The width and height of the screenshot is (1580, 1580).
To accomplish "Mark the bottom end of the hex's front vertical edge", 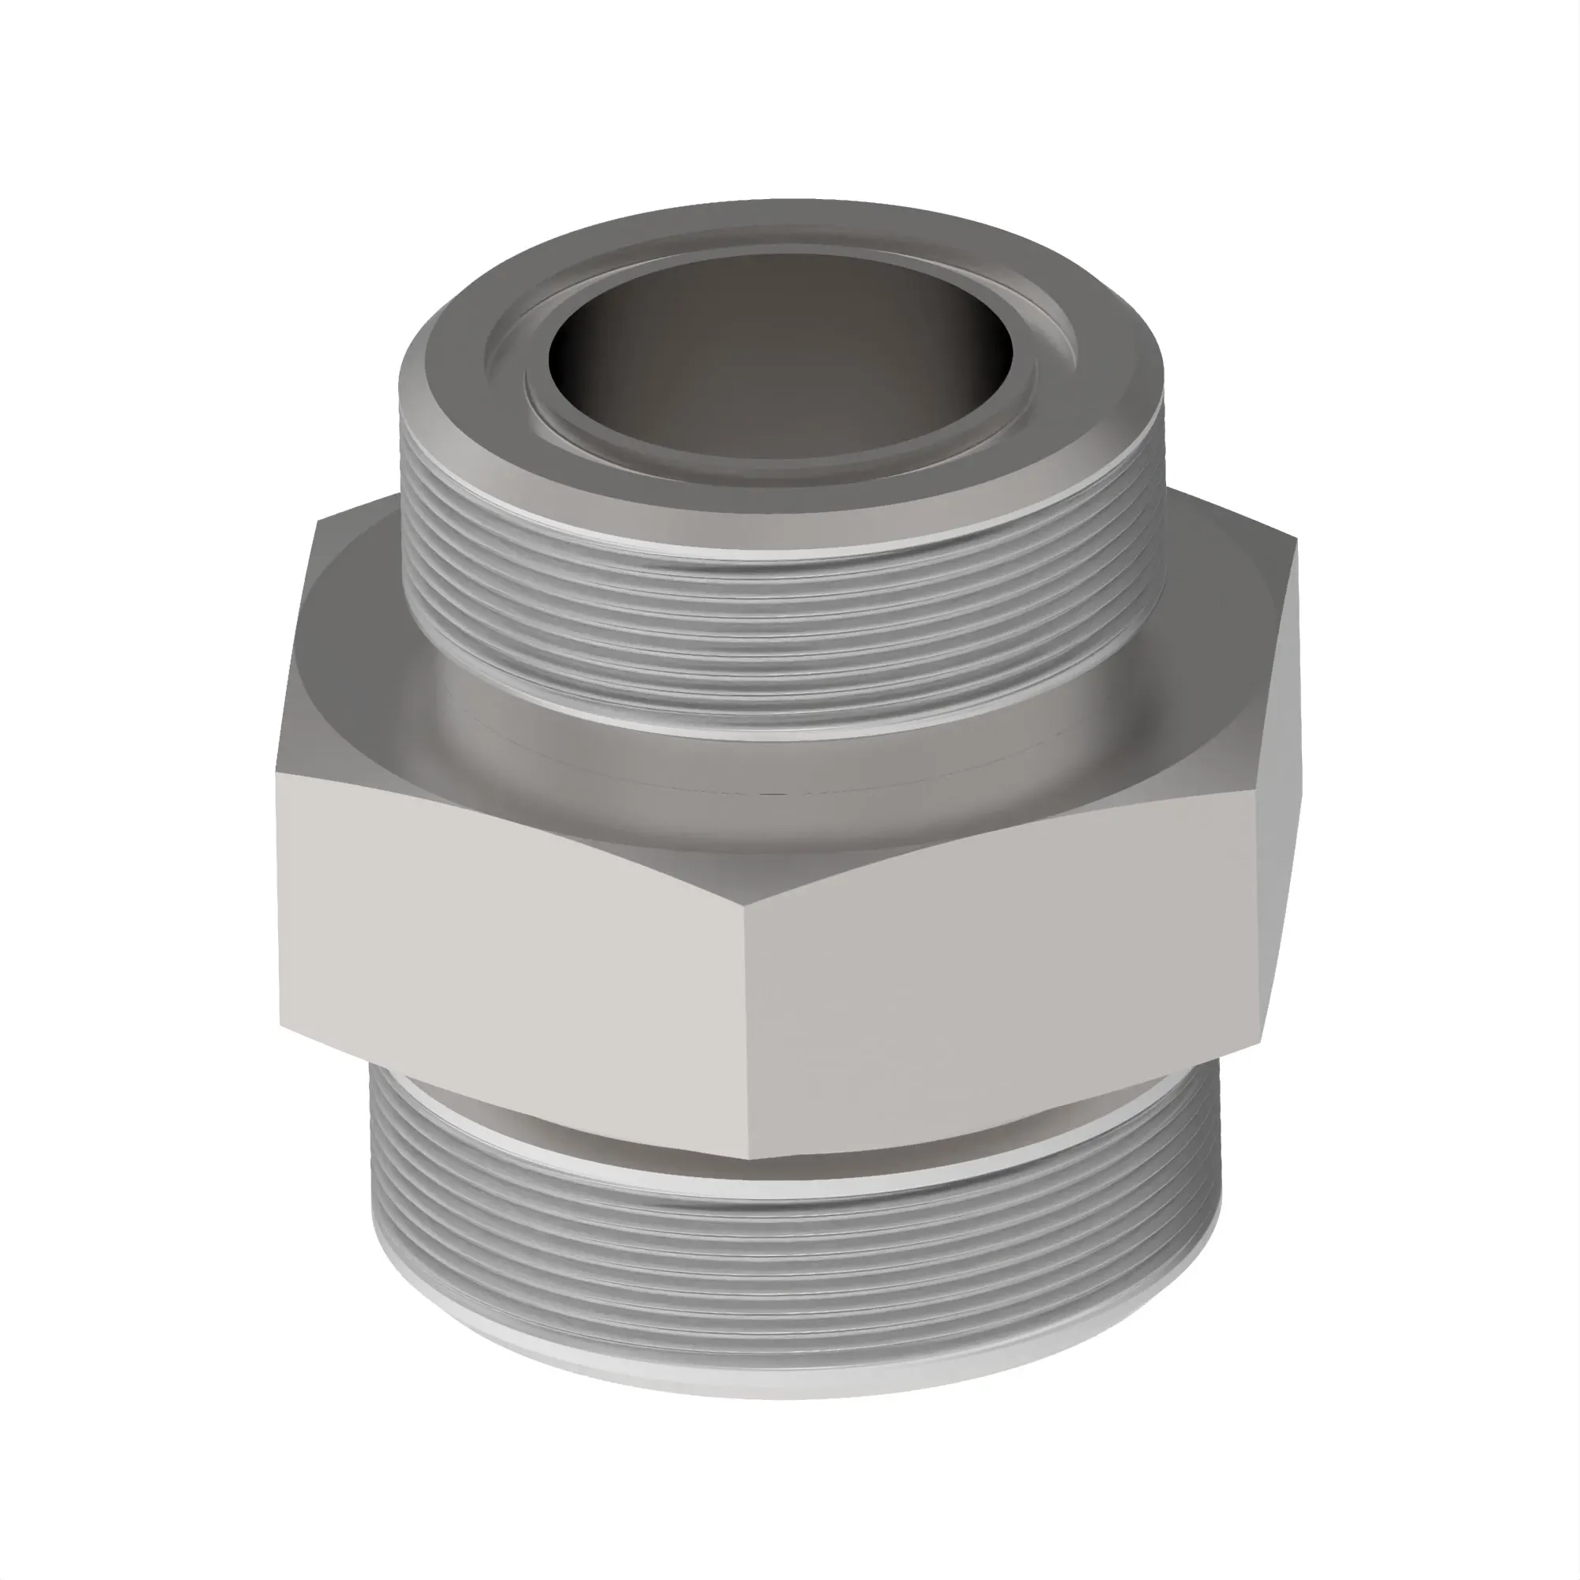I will point(749,1158).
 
